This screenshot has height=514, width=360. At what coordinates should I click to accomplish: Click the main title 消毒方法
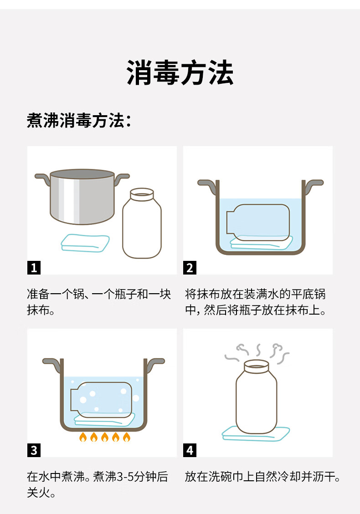(180, 72)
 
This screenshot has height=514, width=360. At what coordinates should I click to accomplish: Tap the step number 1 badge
(34, 268)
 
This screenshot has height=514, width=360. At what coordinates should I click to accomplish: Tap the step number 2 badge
(190, 268)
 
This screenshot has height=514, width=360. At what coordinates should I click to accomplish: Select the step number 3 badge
(34, 450)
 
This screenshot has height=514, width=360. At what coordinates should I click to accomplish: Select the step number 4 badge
(190, 450)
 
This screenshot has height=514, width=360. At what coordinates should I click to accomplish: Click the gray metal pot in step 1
(82, 197)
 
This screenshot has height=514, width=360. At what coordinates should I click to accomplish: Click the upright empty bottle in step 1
(142, 223)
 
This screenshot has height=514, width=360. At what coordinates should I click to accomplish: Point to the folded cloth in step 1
(85, 243)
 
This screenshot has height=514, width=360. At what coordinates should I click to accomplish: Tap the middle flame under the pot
(105, 437)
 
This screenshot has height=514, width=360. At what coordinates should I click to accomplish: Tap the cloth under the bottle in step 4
(256, 434)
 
